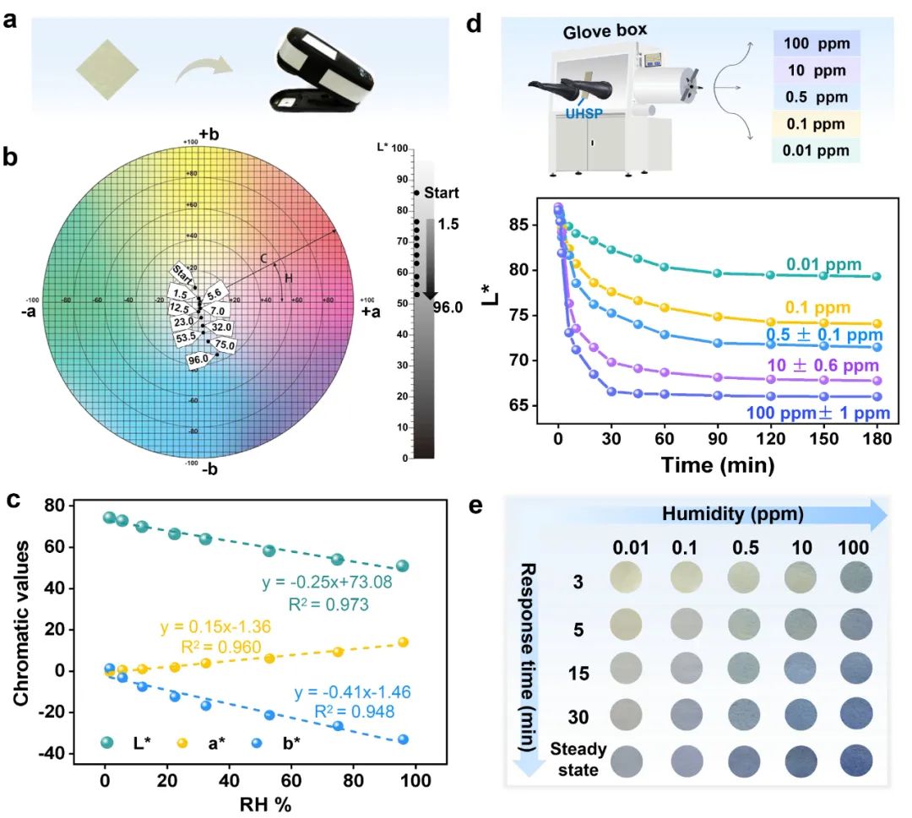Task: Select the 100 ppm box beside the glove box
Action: [816, 43]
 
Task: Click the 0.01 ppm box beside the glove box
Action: [816, 150]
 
